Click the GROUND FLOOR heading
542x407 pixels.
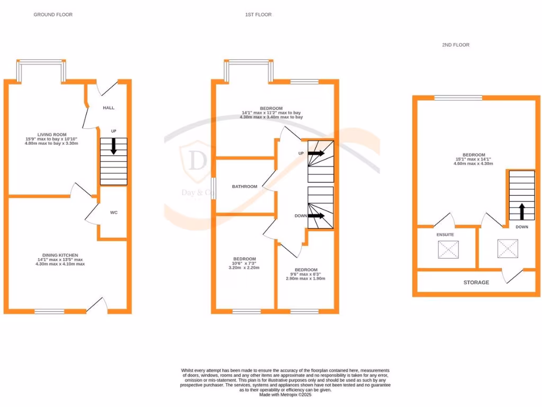click(53, 15)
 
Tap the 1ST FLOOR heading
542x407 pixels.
click(258, 15)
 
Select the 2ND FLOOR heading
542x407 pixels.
click(455, 45)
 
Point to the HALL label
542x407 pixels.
click(109, 108)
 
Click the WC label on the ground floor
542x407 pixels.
click(114, 213)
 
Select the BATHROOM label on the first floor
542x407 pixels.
click(245, 187)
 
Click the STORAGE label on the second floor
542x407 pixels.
click(476, 282)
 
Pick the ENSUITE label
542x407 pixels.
click(445, 234)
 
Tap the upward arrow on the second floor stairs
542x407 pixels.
click(521, 211)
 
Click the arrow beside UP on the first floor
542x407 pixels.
click(316, 153)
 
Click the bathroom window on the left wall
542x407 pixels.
click(213, 188)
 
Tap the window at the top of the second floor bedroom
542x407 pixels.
click(458, 98)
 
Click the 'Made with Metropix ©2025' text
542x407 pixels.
click(285, 394)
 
